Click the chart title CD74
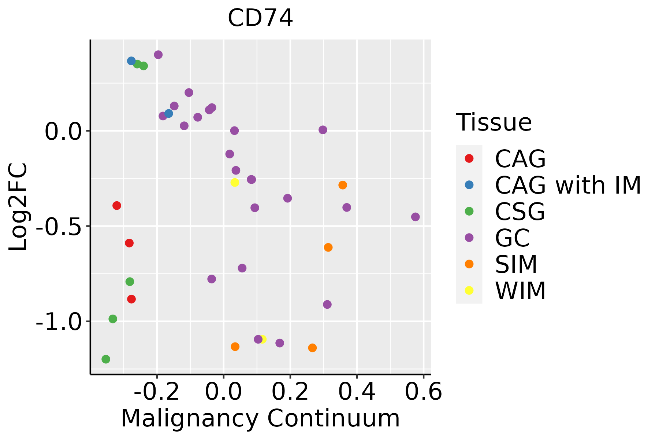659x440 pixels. (x=260, y=18)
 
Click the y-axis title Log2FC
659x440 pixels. (x=18, y=207)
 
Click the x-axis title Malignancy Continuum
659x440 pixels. (x=260, y=418)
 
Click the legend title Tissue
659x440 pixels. (x=494, y=122)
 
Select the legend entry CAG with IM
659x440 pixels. (x=568, y=185)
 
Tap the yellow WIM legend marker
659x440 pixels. (x=469, y=290)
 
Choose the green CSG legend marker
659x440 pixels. (x=469, y=211)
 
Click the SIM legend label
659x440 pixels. (x=516, y=264)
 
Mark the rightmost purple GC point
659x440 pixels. (x=415, y=217)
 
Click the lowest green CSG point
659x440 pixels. (x=106, y=359)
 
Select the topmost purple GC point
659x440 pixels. (x=158, y=55)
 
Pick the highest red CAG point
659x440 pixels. (x=117, y=205)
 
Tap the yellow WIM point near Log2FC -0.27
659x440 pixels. (x=235, y=182)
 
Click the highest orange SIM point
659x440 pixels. (x=343, y=185)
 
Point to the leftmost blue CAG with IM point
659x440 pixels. (x=131, y=61)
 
